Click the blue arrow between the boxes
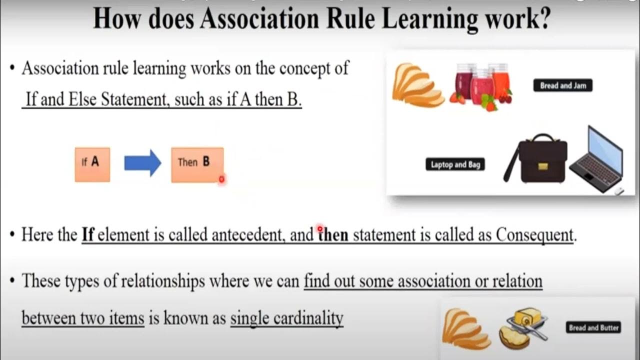(142, 163)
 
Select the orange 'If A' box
(92, 164)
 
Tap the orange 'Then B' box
(197, 164)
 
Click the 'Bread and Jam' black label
(562, 85)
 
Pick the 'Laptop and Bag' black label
(455, 164)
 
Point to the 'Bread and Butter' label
(593, 328)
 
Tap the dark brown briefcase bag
(536, 159)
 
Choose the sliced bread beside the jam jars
(416, 85)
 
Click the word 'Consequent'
(534, 235)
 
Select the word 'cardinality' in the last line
(287, 318)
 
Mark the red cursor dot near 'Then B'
(221, 179)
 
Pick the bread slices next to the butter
(465, 328)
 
